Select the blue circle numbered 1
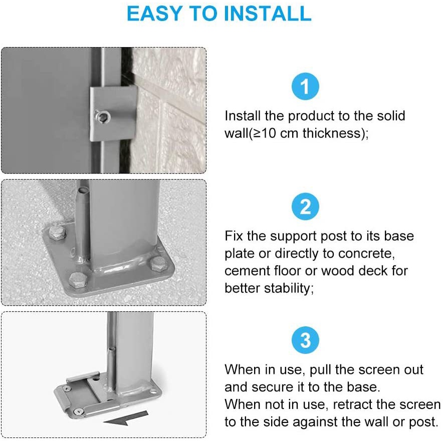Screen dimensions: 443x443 tap(305, 86)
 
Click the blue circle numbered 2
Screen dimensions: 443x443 tap(305, 206)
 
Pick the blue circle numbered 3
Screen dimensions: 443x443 tap(305, 340)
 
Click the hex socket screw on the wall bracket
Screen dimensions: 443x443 tap(103, 117)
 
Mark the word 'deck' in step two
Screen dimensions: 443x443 tap(373, 271)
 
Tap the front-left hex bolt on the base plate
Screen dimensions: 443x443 tap(78, 280)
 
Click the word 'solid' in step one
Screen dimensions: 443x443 tap(391, 116)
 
